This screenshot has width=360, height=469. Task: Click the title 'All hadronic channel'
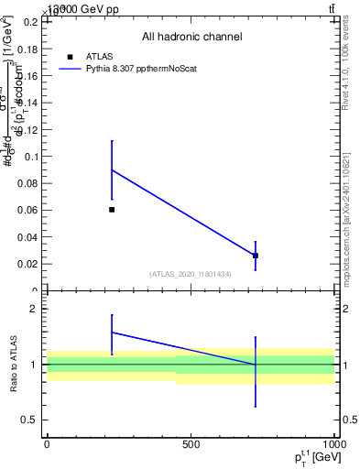pyautogui.click(x=191, y=37)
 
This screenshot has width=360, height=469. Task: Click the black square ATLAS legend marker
pyautogui.click(x=70, y=57)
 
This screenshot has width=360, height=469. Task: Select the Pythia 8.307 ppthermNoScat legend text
pyautogui.click(x=140, y=69)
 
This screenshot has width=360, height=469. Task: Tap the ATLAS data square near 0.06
pyautogui.click(x=112, y=210)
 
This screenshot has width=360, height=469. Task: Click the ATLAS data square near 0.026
pyautogui.click(x=256, y=256)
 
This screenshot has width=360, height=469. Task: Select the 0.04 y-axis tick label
pyautogui.click(x=28, y=237)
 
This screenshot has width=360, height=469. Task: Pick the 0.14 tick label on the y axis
pyautogui.click(x=28, y=103)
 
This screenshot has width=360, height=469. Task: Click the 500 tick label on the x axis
pyautogui.click(x=191, y=444)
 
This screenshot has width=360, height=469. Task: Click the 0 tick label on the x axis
pyautogui.click(x=47, y=444)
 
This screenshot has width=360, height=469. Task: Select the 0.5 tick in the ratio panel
pyautogui.click(x=29, y=420)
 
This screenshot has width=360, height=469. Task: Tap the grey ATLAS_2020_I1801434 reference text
pyautogui.click(x=191, y=274)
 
